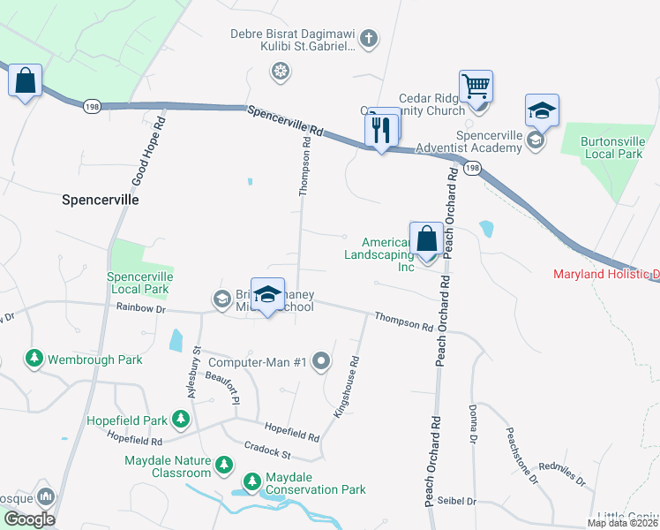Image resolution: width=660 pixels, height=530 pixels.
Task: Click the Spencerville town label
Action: (x=101, y=200)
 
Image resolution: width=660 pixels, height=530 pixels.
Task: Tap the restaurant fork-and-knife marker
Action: (x=381, y=131)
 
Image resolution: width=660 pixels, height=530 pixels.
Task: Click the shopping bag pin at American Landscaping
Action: (x=426, y=239)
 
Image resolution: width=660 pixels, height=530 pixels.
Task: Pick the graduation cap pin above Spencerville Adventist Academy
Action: (x=542, y=112)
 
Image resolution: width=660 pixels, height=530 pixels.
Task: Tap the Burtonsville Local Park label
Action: (x=612, y=147)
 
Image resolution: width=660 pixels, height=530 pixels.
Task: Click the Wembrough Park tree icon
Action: (x=34, y=359)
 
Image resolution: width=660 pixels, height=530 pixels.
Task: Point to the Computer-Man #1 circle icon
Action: (x=321, y=360)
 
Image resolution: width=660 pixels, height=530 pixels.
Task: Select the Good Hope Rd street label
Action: (x=149, y=152)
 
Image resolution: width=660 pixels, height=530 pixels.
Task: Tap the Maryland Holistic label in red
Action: (x=605, y=274)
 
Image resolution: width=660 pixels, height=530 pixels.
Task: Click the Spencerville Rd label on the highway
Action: (x=284, y=122)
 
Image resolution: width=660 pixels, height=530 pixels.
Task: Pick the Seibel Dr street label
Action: (x=458, y=501)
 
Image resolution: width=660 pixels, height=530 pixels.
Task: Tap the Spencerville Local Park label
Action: (x=139, y=283)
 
